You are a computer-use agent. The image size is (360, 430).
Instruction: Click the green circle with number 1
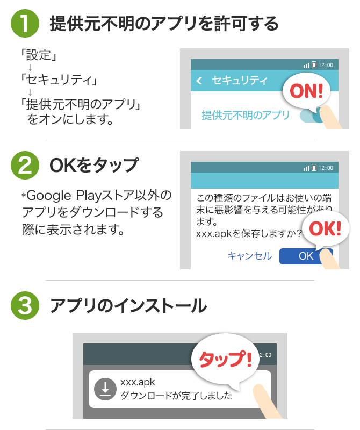click(25, 24)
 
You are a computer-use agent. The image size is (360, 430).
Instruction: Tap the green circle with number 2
click(25, 165)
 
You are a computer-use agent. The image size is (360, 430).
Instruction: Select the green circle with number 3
click(25, 305)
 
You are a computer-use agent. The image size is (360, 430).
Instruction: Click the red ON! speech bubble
click(306, 91)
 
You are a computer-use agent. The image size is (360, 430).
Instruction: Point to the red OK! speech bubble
click(325, 229)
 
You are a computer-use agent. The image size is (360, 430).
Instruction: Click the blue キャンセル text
click(249, 256)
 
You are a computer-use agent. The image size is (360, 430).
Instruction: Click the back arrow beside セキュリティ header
click(199, 81)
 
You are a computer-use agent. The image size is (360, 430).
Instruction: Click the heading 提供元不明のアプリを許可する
click(164, 24)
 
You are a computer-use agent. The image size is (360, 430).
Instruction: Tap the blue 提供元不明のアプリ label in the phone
click(245, 115)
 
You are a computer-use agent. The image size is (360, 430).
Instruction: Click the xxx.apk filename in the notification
click(138, 382)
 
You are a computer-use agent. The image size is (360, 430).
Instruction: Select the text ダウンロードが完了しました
click(176, 397)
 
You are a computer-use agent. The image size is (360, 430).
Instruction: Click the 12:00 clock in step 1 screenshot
click(326, 65)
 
